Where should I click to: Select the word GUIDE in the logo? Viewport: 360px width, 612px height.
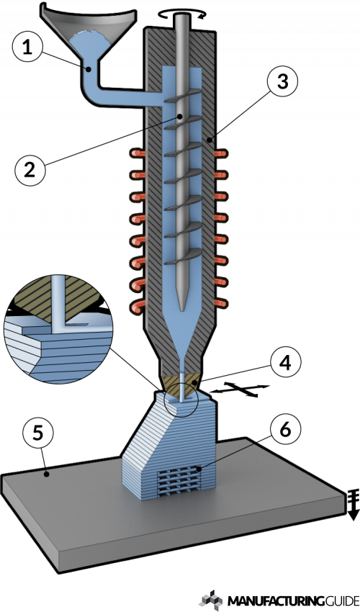tap(333, 600)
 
